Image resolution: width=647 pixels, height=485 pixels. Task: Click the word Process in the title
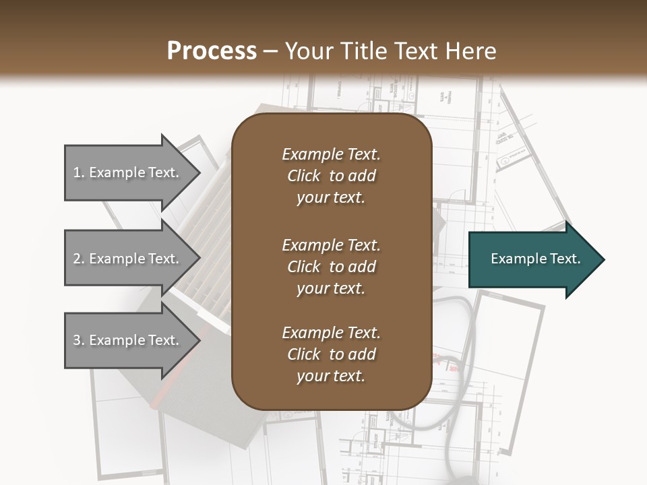(x=212, y=51)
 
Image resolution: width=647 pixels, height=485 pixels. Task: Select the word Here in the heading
(x=472, y=51)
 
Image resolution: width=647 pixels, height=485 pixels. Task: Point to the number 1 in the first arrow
(x=77, y=172)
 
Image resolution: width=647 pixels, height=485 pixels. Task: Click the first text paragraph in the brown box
(x=331, y=176)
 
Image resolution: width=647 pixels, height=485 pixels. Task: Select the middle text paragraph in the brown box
(x=331, y=266)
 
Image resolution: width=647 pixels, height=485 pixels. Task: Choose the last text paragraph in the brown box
(x=331, y=354)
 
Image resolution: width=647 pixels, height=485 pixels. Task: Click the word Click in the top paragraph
(x=304, y=176)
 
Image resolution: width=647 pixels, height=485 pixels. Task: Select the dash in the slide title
(x=271, y=51)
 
